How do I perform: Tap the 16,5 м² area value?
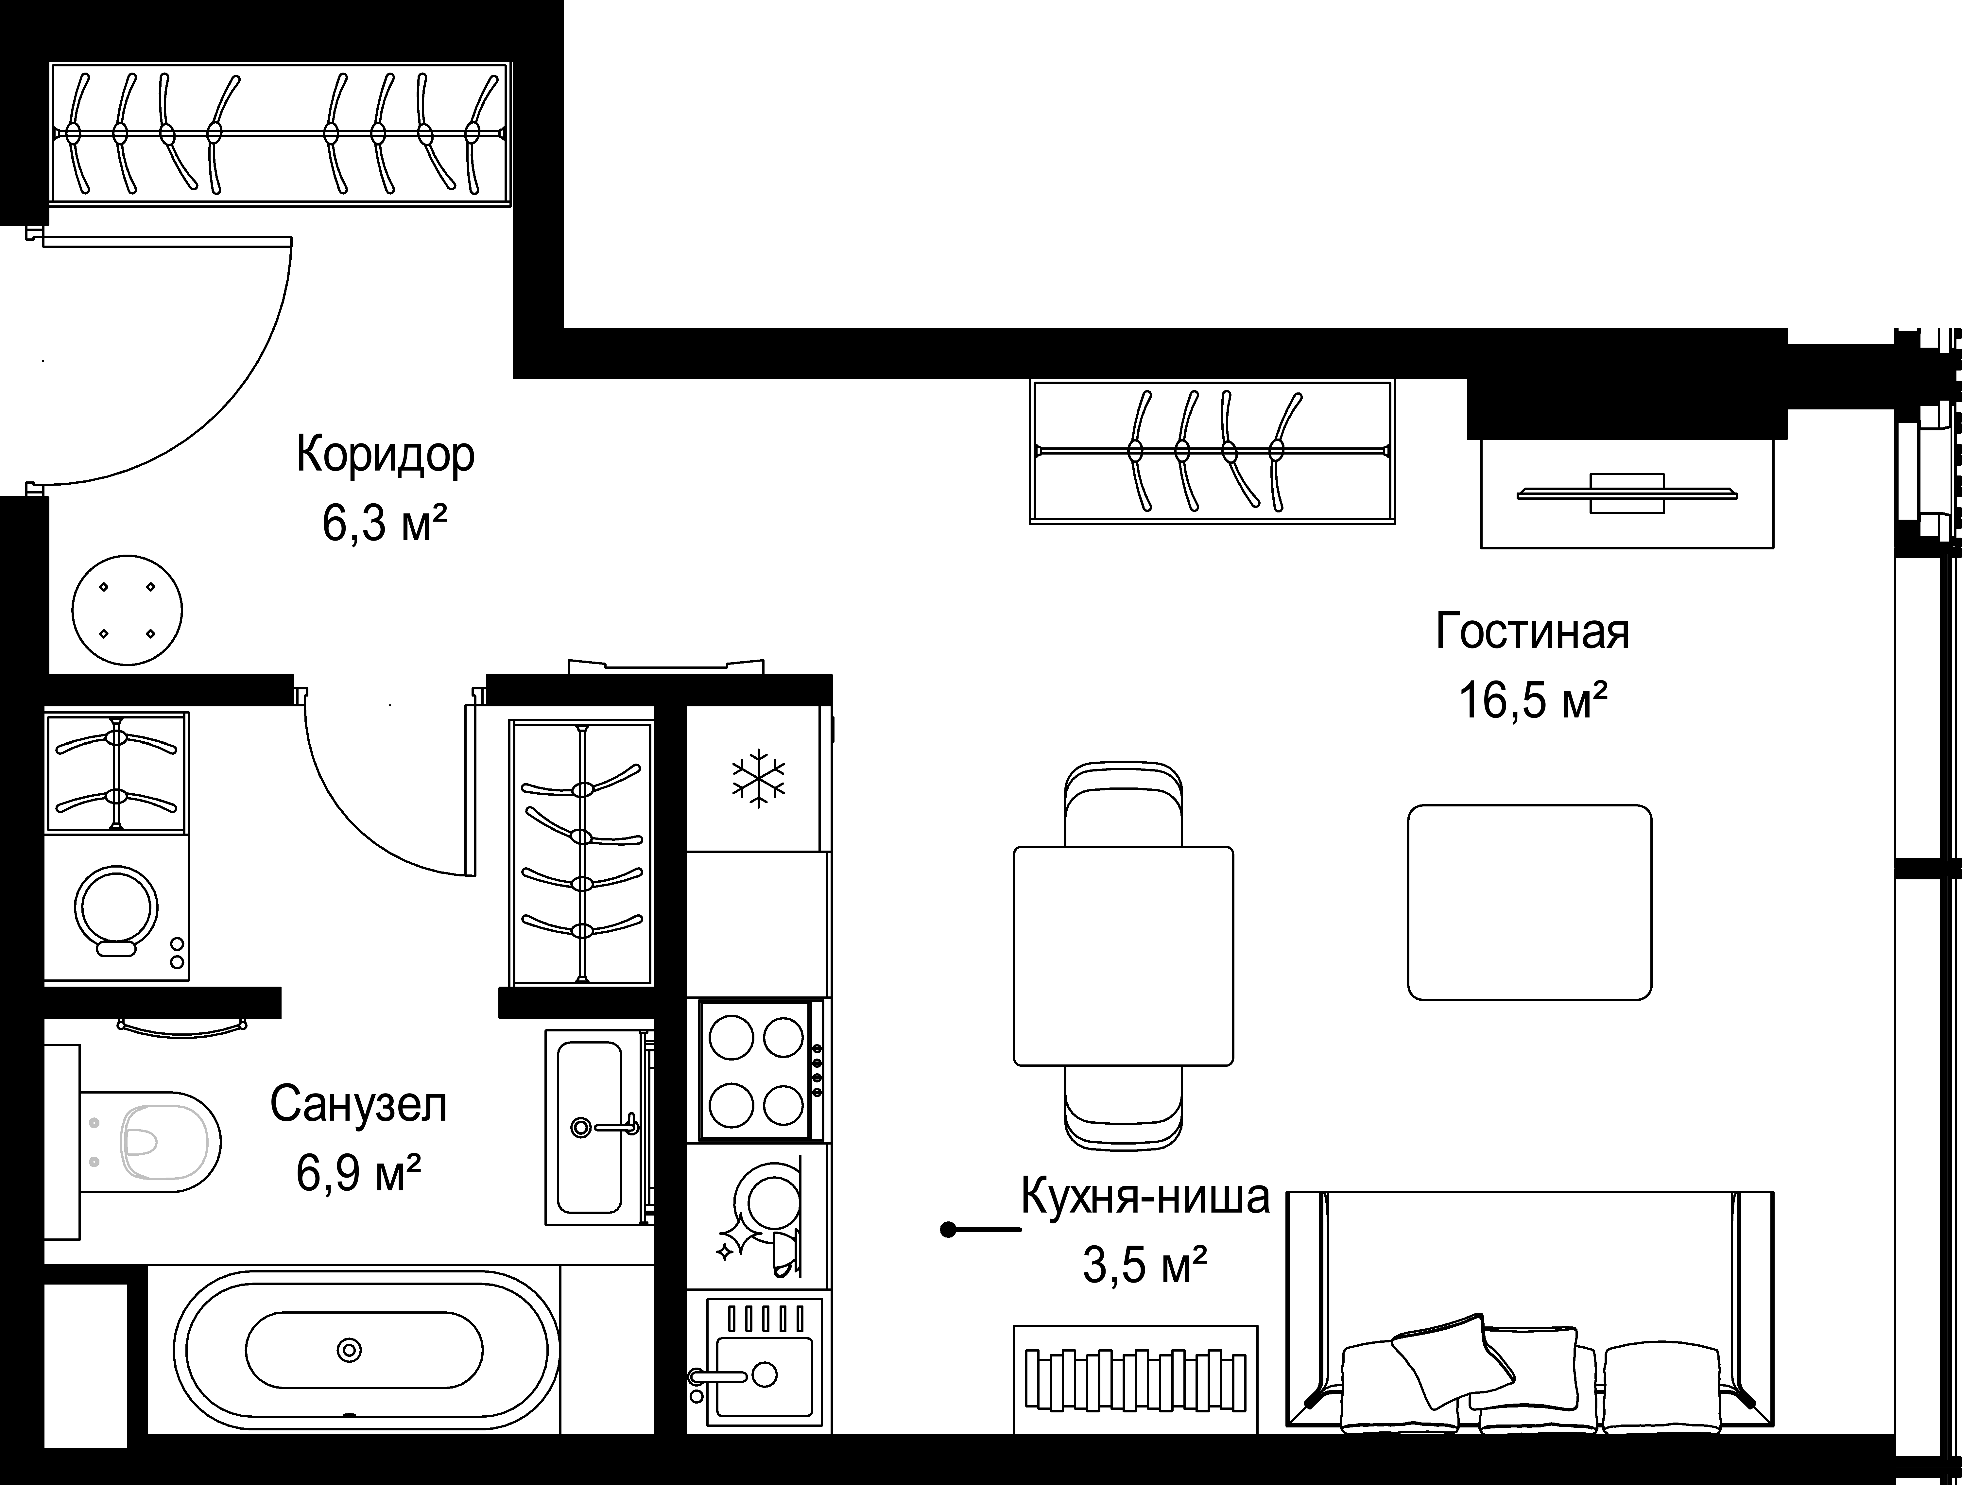coord(1533,702)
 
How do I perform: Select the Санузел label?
coord(358,1105)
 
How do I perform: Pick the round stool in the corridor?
coord(127,611)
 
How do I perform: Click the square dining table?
coord(1123,956)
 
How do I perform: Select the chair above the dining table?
coord(1123,803)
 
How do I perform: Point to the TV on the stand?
coord(1627,493)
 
